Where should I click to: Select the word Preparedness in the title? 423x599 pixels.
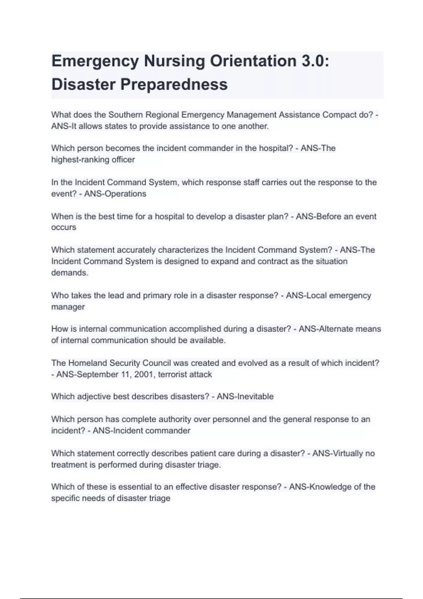174,85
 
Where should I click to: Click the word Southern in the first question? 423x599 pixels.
125,115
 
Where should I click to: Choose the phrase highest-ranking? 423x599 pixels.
80,160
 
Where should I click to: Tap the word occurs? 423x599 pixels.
63,228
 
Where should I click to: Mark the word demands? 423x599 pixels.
69,273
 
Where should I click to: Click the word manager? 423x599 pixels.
68,307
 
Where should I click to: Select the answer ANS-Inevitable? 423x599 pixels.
245,397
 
